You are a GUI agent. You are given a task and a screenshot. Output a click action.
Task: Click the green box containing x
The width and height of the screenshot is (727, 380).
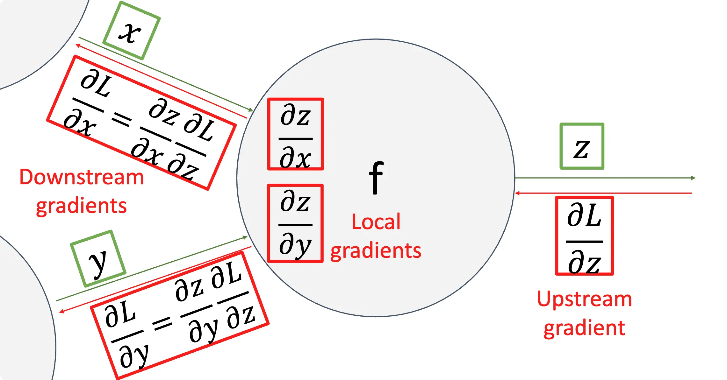[x=131, y=31]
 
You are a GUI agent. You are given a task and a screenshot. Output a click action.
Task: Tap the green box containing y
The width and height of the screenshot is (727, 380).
[x=98, y=258]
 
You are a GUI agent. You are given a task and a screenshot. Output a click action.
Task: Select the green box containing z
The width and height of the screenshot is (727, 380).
[x=582, y=146]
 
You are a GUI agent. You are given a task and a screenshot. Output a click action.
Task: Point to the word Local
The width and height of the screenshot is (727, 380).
[x=376, y=222]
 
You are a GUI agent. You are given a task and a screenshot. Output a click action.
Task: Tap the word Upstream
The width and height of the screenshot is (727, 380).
[x=584, y=299]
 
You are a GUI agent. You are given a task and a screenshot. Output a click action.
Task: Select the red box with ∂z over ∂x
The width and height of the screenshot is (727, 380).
[x=295, y=134]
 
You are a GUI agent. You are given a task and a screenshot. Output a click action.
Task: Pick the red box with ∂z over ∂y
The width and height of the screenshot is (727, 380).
[x=295, y=223]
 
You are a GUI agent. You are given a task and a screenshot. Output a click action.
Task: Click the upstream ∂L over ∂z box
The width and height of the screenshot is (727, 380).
[x=584, y=236]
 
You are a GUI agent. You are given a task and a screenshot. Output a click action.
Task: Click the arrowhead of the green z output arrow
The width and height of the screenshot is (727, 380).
[x=693, y=178]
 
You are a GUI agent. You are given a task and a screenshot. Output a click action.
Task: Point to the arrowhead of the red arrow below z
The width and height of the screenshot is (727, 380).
[x=517, y=193]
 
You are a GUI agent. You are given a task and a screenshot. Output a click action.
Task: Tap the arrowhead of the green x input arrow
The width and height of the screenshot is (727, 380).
[x=251, y=110]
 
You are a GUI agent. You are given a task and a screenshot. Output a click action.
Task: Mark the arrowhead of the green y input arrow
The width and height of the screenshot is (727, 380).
[x=245, y=237]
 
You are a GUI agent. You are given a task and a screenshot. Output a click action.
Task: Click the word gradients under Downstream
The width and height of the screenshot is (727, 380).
[x=82, y=206]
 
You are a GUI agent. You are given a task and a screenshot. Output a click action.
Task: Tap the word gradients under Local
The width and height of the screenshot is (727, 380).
[x=376, y=251]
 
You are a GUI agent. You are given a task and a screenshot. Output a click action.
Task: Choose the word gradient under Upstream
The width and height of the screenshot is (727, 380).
[x=584, y=328]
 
